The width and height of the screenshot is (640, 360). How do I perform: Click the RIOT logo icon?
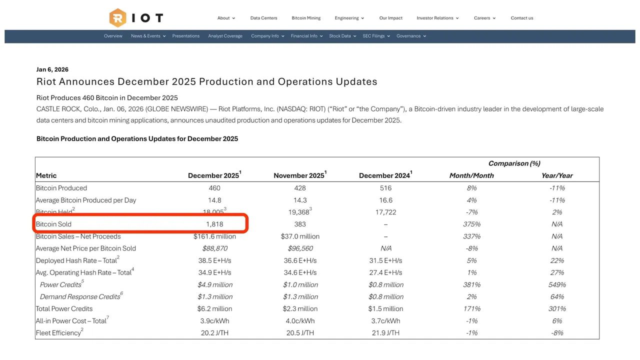(x=117, y=18)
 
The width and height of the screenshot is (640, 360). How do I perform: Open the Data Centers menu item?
(x=263, y=18)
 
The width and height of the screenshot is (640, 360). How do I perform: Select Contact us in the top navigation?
(x=521, y=18)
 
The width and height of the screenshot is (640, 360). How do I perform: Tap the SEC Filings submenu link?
(x=373, y=36)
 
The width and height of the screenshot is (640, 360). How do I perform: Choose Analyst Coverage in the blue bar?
(x=225, y=36)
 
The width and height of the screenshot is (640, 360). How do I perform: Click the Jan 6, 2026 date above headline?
(x=52, y=69)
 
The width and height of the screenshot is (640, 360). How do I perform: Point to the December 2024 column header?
(x=384, y=175)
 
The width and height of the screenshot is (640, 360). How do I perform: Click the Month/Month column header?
(x=471, y=175)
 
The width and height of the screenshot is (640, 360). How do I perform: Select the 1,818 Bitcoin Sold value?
(x=214, y=224)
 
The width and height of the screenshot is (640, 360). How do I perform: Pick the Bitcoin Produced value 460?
(x=214, y=188)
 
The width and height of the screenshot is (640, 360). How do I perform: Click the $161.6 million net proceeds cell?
(x=214, y=236)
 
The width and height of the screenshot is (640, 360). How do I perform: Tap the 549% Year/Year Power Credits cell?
(x=557, y=284)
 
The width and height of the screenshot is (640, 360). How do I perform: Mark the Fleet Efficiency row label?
(x=58, y=333)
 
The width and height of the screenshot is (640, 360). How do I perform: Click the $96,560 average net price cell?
(x=300, y=248)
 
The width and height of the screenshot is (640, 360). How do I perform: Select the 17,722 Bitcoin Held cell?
(x=385, y=212)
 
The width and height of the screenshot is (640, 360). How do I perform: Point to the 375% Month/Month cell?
(x=471, y=224)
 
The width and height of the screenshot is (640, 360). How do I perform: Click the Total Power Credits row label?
(x=64, y=308)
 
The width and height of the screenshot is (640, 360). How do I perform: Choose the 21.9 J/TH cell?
(x=385, y=333)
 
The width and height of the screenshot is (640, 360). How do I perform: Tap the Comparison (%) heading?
(x=514, y=163)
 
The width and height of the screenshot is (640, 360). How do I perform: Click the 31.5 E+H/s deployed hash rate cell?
(x=385, y=260)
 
